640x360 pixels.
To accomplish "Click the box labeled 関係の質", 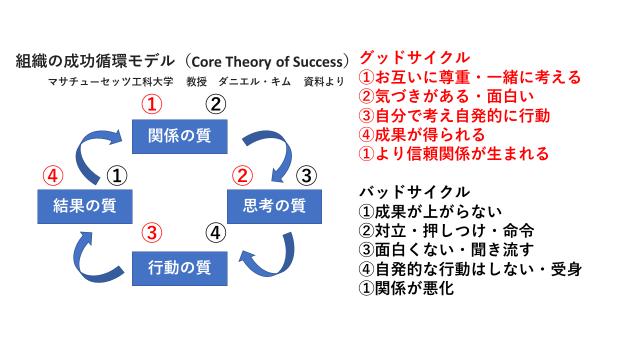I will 179,136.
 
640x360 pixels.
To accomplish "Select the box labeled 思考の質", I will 274,206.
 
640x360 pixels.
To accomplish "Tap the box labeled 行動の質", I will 179,268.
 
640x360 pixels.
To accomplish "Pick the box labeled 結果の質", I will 85,206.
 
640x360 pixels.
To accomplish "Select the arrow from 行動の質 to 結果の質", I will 90,255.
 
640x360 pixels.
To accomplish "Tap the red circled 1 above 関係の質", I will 152,105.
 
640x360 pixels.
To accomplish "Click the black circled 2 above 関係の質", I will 216,105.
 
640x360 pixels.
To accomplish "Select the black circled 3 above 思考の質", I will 306,175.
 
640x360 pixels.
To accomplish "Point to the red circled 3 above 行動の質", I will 152,232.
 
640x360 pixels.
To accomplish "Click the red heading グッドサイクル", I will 415,57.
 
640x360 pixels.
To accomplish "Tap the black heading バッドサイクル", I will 415,191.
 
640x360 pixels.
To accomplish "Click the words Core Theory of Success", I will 266,61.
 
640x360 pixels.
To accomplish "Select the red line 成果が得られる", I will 422,134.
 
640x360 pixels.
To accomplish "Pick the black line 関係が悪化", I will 406,288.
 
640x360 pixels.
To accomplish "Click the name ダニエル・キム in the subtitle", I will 254,81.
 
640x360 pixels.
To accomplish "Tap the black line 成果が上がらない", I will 430,211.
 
